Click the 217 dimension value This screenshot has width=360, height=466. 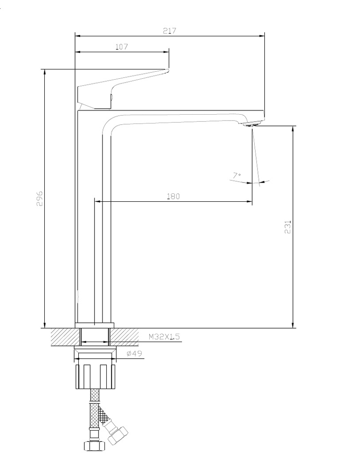click(x=170, y=31)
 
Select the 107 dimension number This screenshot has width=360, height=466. click(x=122, y=47)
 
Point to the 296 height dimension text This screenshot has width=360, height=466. click(x=40, y=199)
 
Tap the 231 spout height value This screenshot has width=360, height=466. click(x=288, y=227)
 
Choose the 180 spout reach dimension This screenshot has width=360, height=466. click(x=173, y=196)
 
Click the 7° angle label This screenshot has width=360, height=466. click(x=236, y=176)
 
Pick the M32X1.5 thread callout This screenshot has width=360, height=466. click(x=164, y=336)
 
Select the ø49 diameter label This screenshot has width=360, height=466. click(x=134, y=353)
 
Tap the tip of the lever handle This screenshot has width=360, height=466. click(x=168, y=70)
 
